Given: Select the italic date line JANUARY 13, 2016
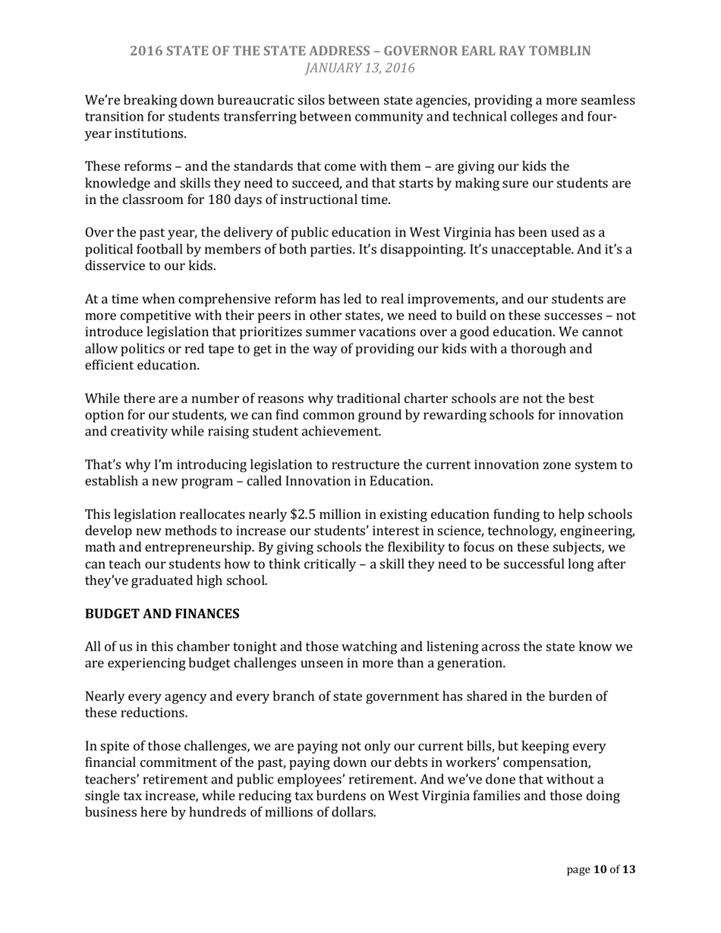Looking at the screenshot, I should tap(360, 68).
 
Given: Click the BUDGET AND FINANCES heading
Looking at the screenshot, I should tap(162, 614).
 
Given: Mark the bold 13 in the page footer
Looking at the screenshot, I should tap(628, 870).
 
